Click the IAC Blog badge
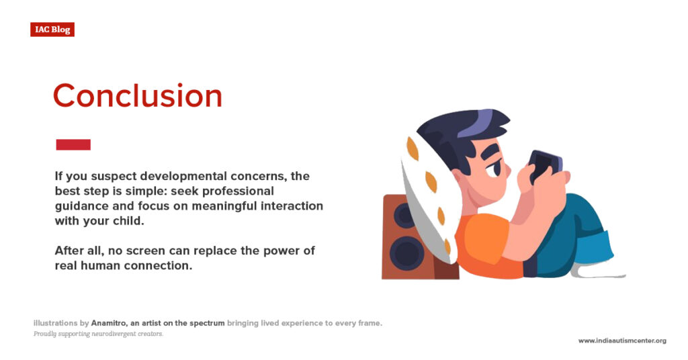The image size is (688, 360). pyautogui.click(x=52, y=30)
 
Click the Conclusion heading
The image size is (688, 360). pyautogui.click(x=138, y=95)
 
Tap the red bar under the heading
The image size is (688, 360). pyautogui.click(x=73, y=144)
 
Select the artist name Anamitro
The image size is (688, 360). pyautogui.click(x=109, y=323)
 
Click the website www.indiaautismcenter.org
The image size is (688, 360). pyautogui.click(x=622, y=341)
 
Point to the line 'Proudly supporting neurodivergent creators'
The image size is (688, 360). pyautogui.click(x=98, y=334)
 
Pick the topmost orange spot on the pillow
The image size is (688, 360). pyautogui.click(x=413, y=148)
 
